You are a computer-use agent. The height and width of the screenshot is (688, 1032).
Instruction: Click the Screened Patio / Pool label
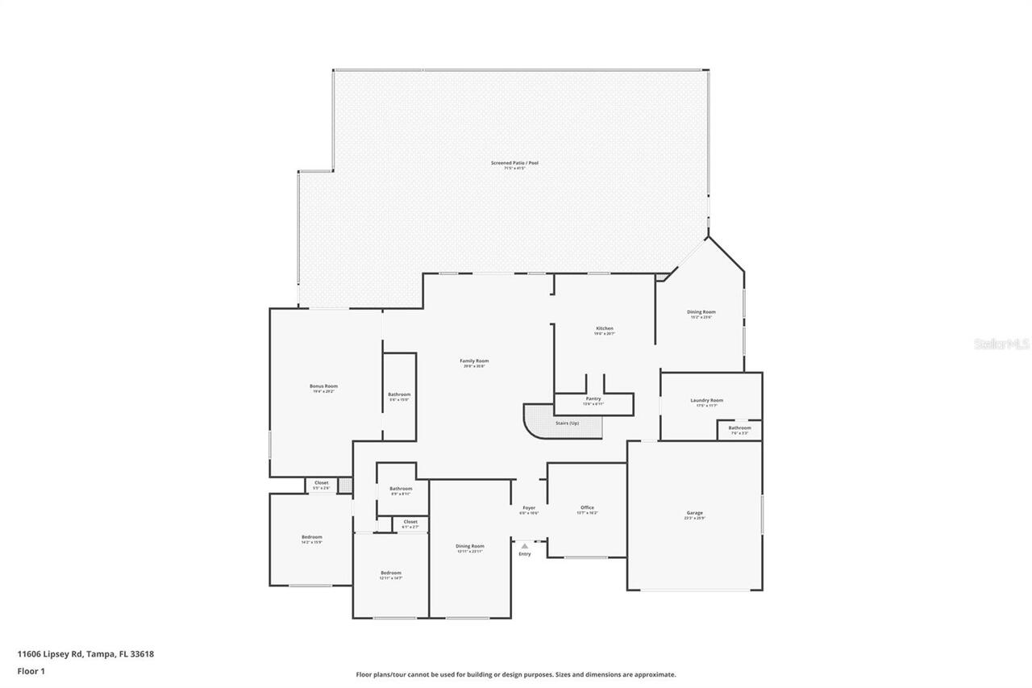[514, 163]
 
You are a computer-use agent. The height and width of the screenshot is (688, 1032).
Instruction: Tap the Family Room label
[474, 361]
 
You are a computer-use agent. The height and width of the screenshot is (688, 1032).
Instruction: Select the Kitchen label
[605, 328]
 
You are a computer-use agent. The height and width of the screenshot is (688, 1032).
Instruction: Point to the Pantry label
[593, 398]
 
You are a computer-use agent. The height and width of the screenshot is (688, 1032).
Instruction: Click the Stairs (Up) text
[567, 423]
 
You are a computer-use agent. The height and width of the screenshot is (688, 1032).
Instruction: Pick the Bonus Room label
[323, 386]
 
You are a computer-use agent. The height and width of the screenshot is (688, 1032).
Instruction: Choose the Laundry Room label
[706, 400]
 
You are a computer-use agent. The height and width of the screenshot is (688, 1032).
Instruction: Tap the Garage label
[694, 513]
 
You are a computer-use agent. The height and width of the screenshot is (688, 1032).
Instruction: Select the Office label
[587, 507]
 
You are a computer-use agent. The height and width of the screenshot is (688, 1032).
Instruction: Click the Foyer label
[529, 507]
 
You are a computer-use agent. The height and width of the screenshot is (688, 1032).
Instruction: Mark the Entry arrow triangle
[525, 546]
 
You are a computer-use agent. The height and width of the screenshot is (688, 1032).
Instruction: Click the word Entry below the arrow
[525, 554]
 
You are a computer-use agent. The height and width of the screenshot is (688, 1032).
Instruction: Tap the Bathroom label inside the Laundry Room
[739, 427]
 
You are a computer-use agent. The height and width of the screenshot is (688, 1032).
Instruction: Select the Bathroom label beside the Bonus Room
[399, 394]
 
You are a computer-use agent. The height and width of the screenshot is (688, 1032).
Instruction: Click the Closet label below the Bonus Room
[321, 483]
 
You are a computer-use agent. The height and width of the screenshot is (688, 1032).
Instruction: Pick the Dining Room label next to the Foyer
[469, 546]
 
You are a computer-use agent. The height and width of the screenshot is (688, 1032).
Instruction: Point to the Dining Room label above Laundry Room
[701, 311]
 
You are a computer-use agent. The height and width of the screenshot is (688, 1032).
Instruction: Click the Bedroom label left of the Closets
[312, 537]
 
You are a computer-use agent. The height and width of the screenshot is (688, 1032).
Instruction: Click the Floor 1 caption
[31, 670]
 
